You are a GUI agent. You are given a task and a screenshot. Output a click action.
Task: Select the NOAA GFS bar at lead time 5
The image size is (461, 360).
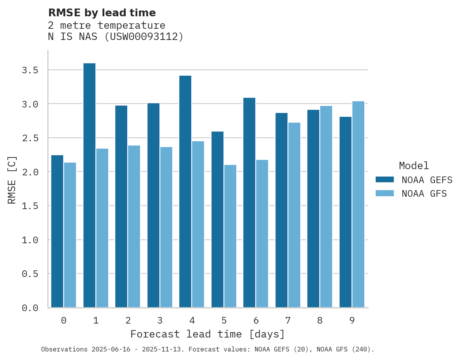[230, 236]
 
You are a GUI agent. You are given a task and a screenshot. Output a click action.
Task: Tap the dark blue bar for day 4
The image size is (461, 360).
[185, 192]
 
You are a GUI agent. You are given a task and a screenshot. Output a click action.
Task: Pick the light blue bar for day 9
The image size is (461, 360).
[358, 204]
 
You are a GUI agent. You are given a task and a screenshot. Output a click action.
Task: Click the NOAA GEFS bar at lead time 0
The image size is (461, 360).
[57, 231]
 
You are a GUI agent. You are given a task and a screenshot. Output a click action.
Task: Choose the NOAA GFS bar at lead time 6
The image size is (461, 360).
[262, 234]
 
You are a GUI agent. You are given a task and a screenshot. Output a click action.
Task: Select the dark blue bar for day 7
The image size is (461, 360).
[281, 210]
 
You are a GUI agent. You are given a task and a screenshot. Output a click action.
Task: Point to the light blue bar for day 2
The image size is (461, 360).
[134, 227]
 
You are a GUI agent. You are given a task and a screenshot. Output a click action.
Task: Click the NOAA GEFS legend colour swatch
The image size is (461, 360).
[385, 180]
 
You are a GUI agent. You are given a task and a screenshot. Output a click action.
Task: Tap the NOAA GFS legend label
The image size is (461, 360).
[424, 194]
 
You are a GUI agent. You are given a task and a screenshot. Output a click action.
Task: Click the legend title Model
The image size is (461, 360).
[414, 166]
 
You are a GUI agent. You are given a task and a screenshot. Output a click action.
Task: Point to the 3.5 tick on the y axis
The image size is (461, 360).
[30, 70]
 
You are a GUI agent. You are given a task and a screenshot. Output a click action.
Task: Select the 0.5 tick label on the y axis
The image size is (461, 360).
[30, 274]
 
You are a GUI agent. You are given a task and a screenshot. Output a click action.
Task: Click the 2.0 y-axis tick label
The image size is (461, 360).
[30, 172]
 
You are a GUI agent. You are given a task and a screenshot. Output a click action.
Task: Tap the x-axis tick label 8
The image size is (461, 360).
[320, 320]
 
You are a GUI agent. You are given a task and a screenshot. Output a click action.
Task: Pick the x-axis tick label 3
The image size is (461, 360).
[159, 320]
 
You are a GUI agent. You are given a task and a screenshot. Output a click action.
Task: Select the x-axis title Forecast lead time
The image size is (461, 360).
[208, 334]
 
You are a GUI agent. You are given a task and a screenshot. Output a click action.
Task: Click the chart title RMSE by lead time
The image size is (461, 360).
[102, 13]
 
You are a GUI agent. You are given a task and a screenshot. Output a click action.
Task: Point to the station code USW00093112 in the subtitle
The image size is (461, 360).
[144, 37]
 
